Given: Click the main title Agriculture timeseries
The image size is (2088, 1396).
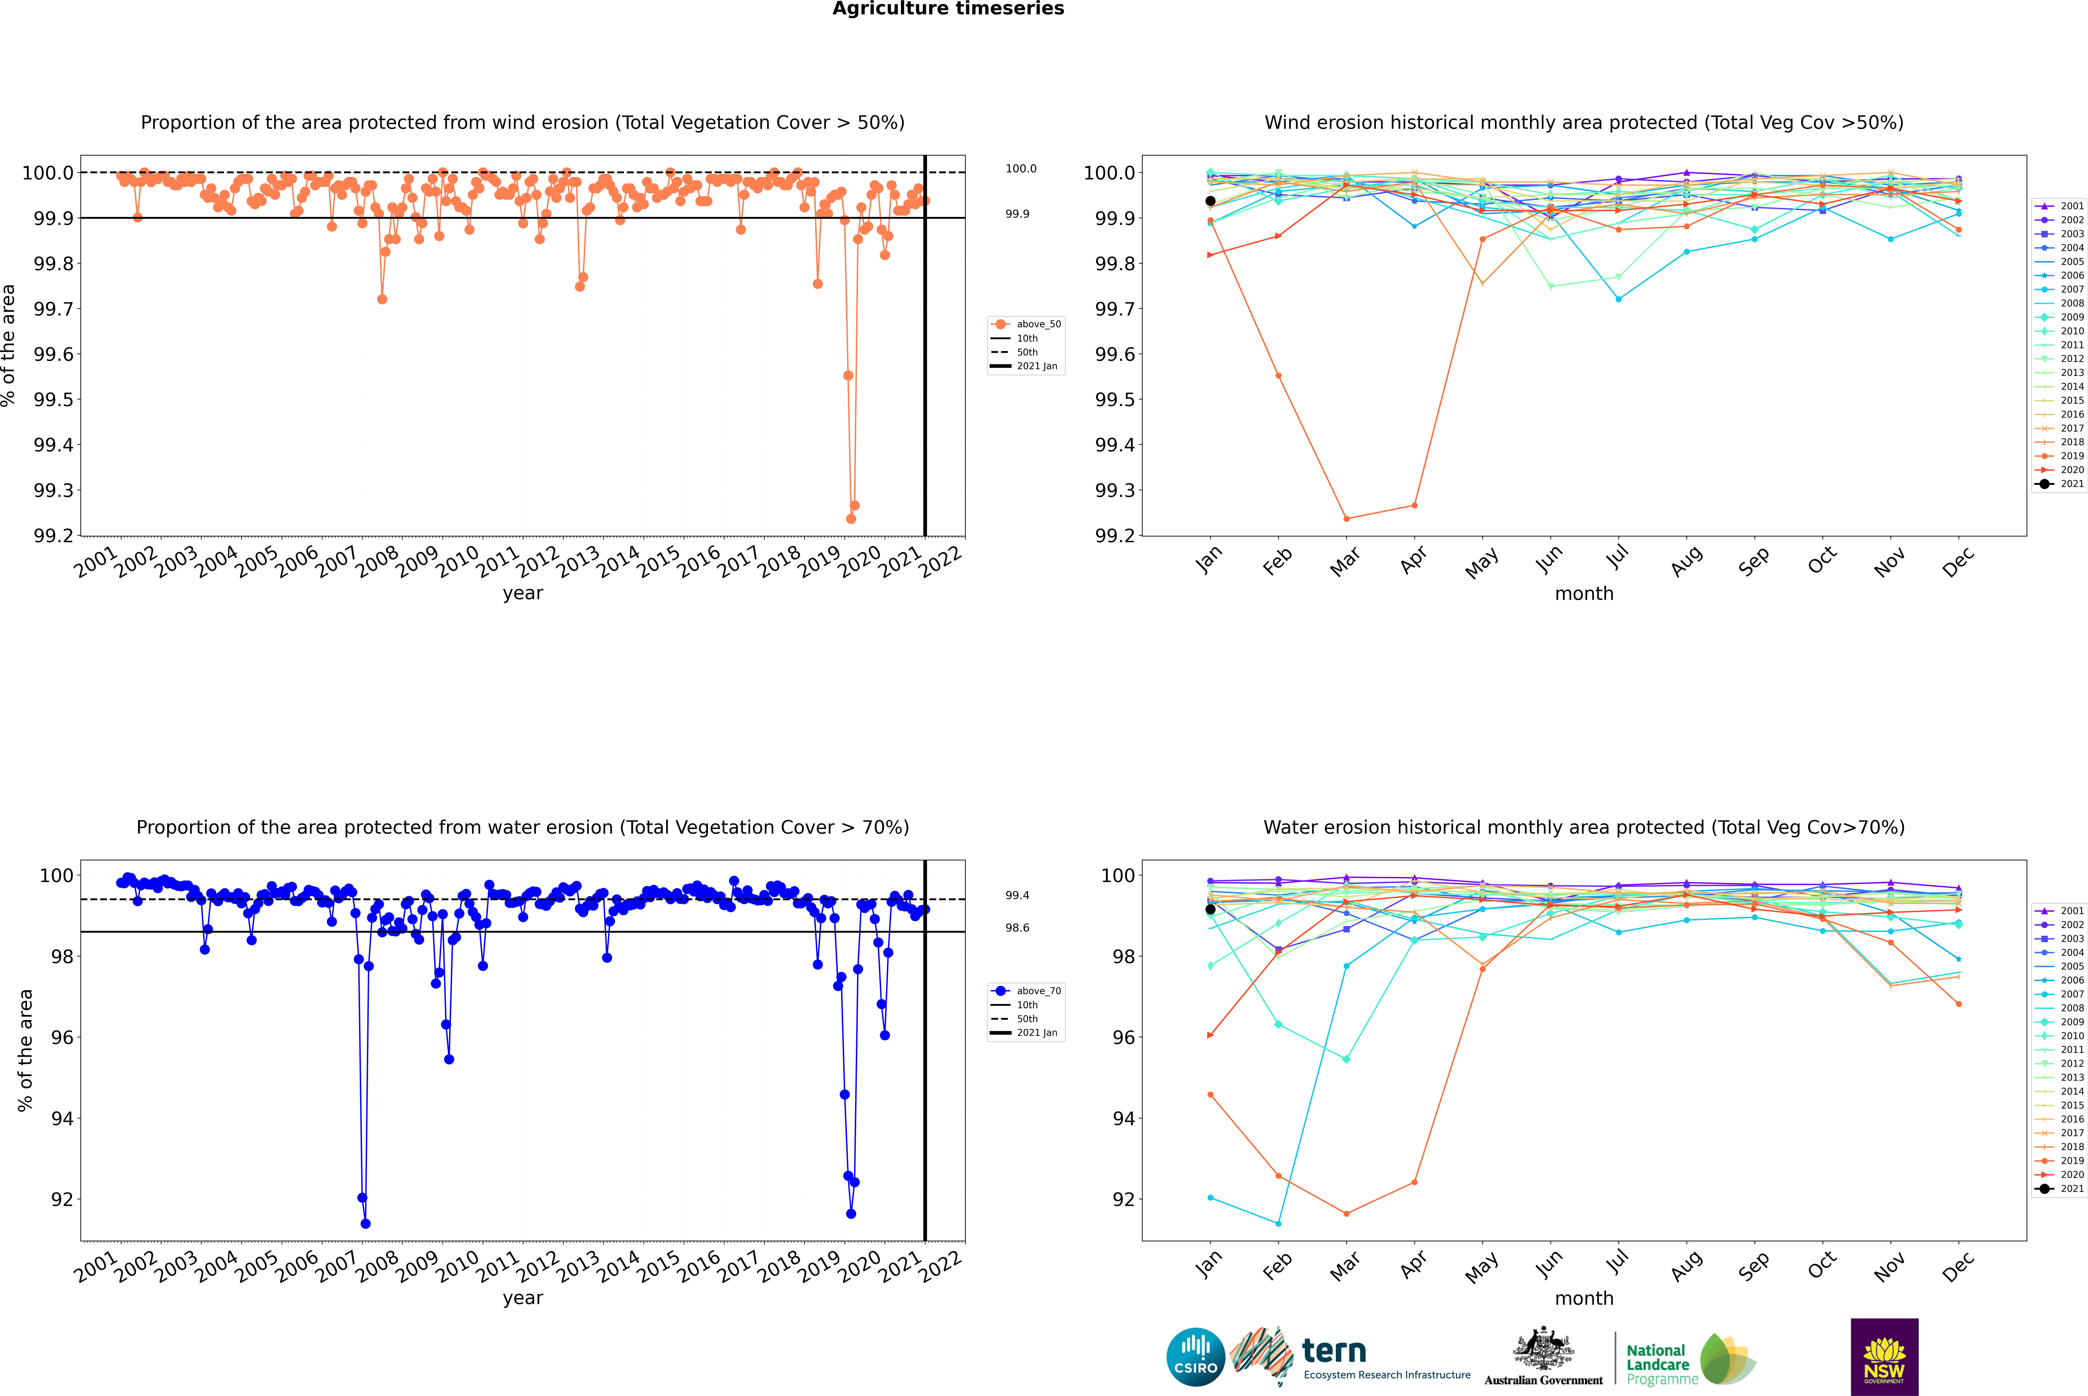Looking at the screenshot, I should (x=948, y=9).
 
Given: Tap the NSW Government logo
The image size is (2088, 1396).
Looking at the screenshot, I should (x=1884, y=1357).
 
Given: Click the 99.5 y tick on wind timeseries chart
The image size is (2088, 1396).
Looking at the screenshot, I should (x=53, y=400).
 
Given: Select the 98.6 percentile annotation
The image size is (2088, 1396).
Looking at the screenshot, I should (x=1017, y=928).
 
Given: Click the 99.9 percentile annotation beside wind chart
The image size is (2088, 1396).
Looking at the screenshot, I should (x=1017, y=214).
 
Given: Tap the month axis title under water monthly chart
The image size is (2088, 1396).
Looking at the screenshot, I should (x=1583, y=1298).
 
